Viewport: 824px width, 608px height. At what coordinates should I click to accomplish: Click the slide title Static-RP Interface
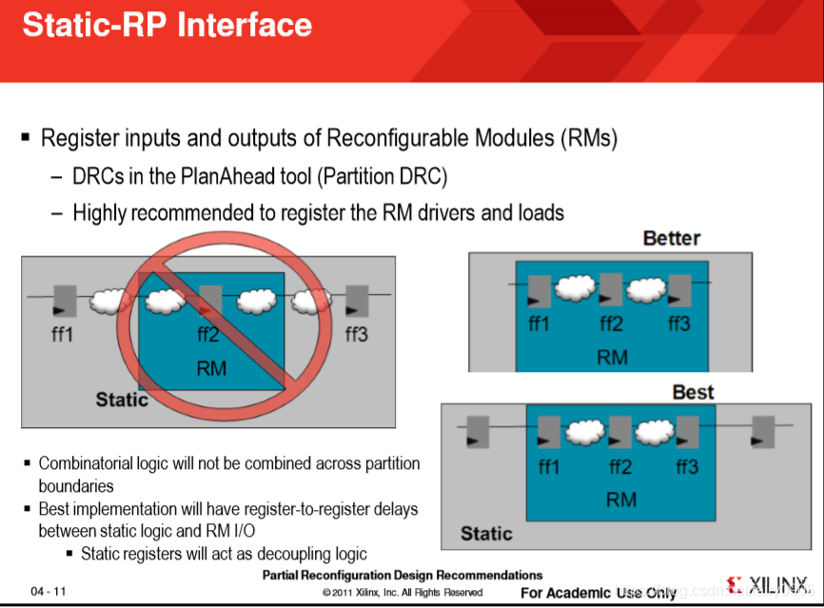click(167, 25)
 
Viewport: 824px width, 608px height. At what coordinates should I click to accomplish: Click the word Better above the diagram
click(671, 238)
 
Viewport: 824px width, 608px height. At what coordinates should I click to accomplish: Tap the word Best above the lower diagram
click(693, 392)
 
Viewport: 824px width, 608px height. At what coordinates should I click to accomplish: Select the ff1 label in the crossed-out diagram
click(63, 334)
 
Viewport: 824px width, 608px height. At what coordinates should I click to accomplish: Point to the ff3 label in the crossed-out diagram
click(356, 334)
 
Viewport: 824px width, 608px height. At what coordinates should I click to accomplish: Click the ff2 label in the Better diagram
click(611, 324)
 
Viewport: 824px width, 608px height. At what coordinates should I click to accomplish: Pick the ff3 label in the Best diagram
click(687, 466)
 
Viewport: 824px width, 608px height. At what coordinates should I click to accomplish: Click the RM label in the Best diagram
click(621, 499)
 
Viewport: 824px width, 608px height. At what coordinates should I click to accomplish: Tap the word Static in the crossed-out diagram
click(122, 400)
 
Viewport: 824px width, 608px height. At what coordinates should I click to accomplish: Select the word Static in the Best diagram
click(486, 533)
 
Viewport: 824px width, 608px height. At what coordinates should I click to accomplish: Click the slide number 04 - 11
click(49, 591)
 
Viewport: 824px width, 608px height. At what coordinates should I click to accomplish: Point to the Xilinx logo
click(767, 584)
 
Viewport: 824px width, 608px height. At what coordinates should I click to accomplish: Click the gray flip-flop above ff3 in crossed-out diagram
click(357, 301)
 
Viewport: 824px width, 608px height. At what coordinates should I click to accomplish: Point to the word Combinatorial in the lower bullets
click(90, 463)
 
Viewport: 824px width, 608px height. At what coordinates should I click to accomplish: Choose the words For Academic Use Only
click(598, 593)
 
